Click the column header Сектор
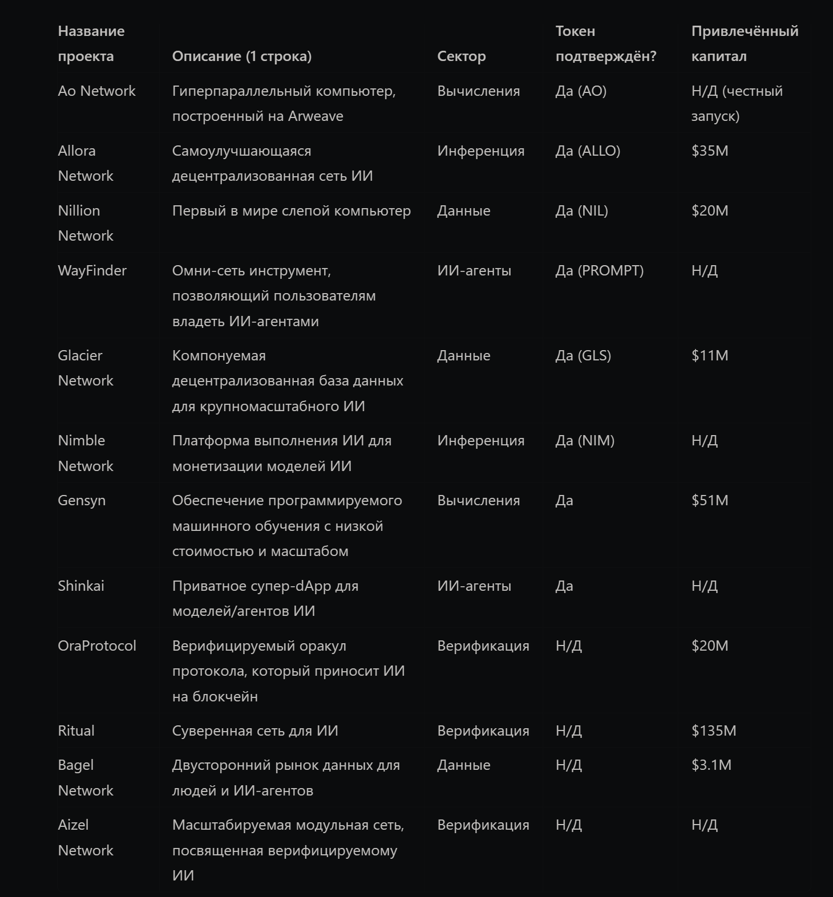tap(461, 56)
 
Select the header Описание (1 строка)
tap(241, 56)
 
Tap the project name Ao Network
tap(96, 91)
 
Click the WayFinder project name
tap(92, 270)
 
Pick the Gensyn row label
tap(82, 500)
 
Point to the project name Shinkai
tap(80, 586)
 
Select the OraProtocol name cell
tap(97, 646)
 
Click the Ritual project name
tap(76, 730)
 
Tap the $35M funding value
tap(710, 151)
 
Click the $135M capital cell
tap(713, 730)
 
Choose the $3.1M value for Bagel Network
tap(711, 765)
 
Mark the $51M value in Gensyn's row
tap(710, 500)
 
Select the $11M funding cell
tap(710, 355)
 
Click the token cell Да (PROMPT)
tap(599, 270)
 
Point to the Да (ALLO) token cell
tap(588, 151)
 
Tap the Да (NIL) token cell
tap(581, 210)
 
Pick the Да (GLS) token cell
tap(583, 355)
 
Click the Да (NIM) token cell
tap(585, 440)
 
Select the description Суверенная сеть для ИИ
tap(255, 730)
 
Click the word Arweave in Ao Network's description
tap(316, 116)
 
